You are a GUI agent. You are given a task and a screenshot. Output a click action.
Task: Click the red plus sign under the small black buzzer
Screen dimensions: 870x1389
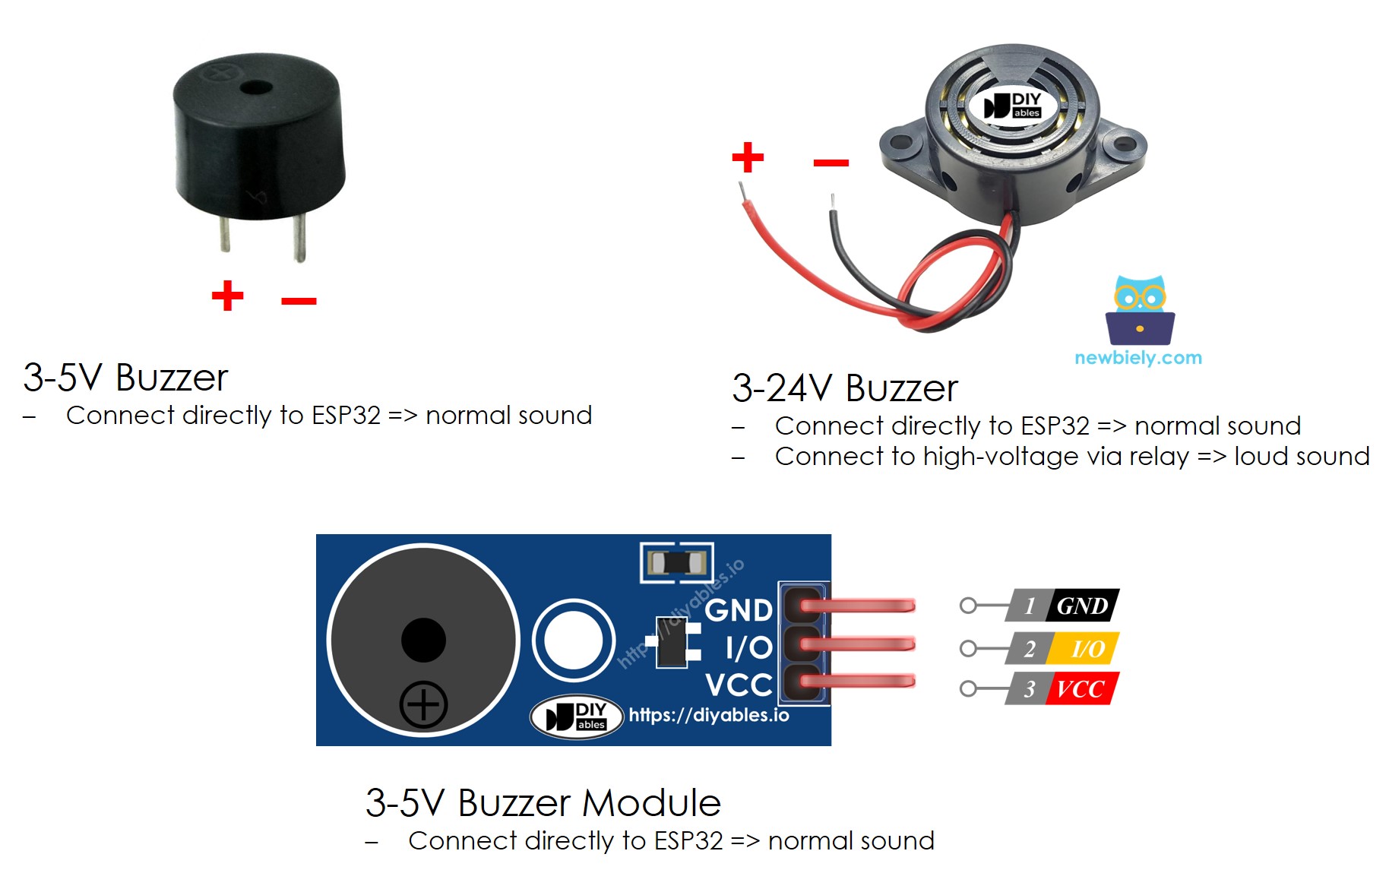(227, 296)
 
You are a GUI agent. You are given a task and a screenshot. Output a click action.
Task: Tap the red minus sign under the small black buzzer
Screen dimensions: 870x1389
(299, 301)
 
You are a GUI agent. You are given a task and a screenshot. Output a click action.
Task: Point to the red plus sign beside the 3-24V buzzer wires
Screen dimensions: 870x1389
(748, 157)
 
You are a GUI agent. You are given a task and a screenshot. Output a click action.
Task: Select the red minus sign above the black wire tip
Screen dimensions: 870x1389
(831, 163)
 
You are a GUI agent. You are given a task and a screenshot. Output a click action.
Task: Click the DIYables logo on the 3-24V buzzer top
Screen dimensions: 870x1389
(1013, 106)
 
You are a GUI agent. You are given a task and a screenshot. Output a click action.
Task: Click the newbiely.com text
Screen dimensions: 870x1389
(1137, 358)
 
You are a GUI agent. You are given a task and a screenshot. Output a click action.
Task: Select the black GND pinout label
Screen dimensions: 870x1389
(1082, 606)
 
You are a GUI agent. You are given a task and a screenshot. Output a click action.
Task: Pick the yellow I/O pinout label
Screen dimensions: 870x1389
(1087, 648)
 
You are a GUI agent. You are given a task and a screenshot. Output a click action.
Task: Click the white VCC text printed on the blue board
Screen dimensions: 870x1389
(738, 685)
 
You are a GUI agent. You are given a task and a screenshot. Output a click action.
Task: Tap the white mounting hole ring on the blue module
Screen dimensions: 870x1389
(573, 640)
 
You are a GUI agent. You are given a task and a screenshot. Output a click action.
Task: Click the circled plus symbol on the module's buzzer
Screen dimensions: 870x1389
(423, 704)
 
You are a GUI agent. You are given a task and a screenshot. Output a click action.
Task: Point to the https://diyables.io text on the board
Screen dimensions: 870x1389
(708, 715)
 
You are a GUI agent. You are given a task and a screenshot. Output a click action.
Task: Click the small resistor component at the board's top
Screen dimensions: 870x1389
(676, 562)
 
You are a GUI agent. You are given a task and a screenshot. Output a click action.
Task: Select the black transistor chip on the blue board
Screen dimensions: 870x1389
(672, 643)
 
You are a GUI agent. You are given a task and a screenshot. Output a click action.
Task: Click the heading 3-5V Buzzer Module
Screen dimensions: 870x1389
(543, 802)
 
